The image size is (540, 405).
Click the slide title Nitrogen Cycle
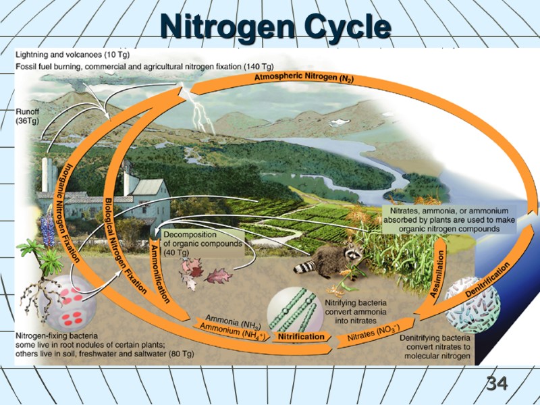click(x=275, y=28)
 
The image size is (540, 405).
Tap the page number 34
click(x=497, y=384)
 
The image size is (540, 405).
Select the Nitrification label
click(x=298, y=335)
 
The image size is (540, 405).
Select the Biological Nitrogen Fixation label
click(x=126, y=243)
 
